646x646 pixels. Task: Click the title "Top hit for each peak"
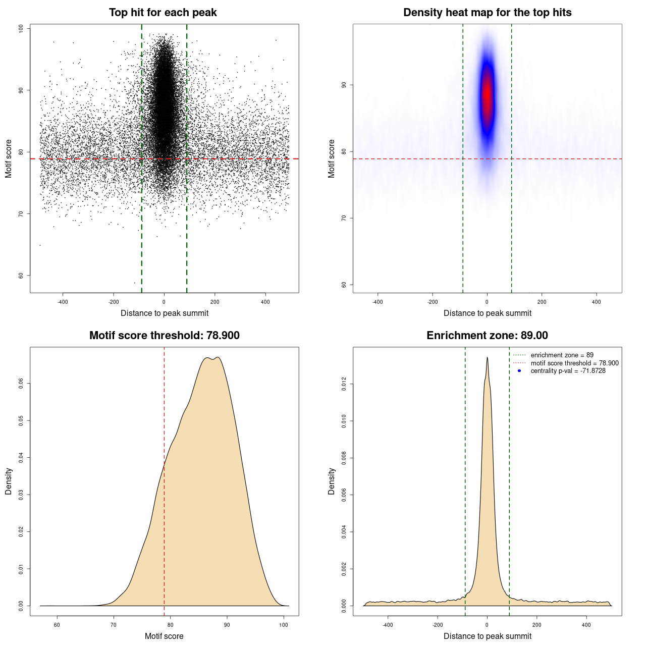point(163,13)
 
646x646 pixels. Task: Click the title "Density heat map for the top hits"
point(487,13)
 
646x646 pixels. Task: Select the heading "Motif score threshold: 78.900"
point(164,336)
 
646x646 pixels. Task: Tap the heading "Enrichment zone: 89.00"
point(487,336)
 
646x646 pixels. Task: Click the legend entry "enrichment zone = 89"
point(562,355)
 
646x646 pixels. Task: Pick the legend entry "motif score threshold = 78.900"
point(574,363)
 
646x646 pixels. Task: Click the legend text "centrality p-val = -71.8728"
point(568,371)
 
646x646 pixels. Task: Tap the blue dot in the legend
point(519,371)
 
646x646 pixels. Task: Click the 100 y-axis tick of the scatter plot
point(21,29)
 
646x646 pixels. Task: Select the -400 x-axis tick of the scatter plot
point(63,302)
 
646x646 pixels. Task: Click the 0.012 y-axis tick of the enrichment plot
point(344,384)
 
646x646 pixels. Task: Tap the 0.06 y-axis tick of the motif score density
point(21,384)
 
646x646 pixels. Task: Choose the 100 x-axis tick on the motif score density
point(284,625)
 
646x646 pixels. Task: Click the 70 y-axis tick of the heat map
point(344,218)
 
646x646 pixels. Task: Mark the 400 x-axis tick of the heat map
point(597,302)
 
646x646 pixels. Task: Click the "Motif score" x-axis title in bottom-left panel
point(164,636)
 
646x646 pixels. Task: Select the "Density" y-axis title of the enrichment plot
point(332,481)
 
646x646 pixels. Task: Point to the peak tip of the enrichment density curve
point(487,357)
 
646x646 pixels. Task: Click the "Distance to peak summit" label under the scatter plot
point(165,313)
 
